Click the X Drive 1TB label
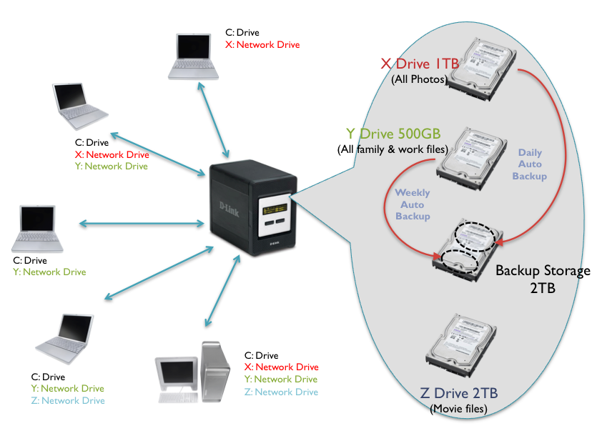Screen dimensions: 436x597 (x=420, y=64)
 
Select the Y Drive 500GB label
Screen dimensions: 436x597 (x=393, y=134)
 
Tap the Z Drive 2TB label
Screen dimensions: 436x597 (x=458, y=393)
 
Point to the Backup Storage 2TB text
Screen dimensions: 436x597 (x=543, y=279)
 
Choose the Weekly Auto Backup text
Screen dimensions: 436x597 (x=413, y=204)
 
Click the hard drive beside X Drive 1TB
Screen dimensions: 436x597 (x=484, y=64)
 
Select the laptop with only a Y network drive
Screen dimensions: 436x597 (x=39, y=229)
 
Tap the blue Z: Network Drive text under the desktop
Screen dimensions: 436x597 (x=280, y=392)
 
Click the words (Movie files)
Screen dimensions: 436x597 (x=458, y=409)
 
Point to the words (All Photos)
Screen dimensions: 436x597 (x=419, y=79)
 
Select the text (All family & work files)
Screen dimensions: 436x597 (x=392, y=149)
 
